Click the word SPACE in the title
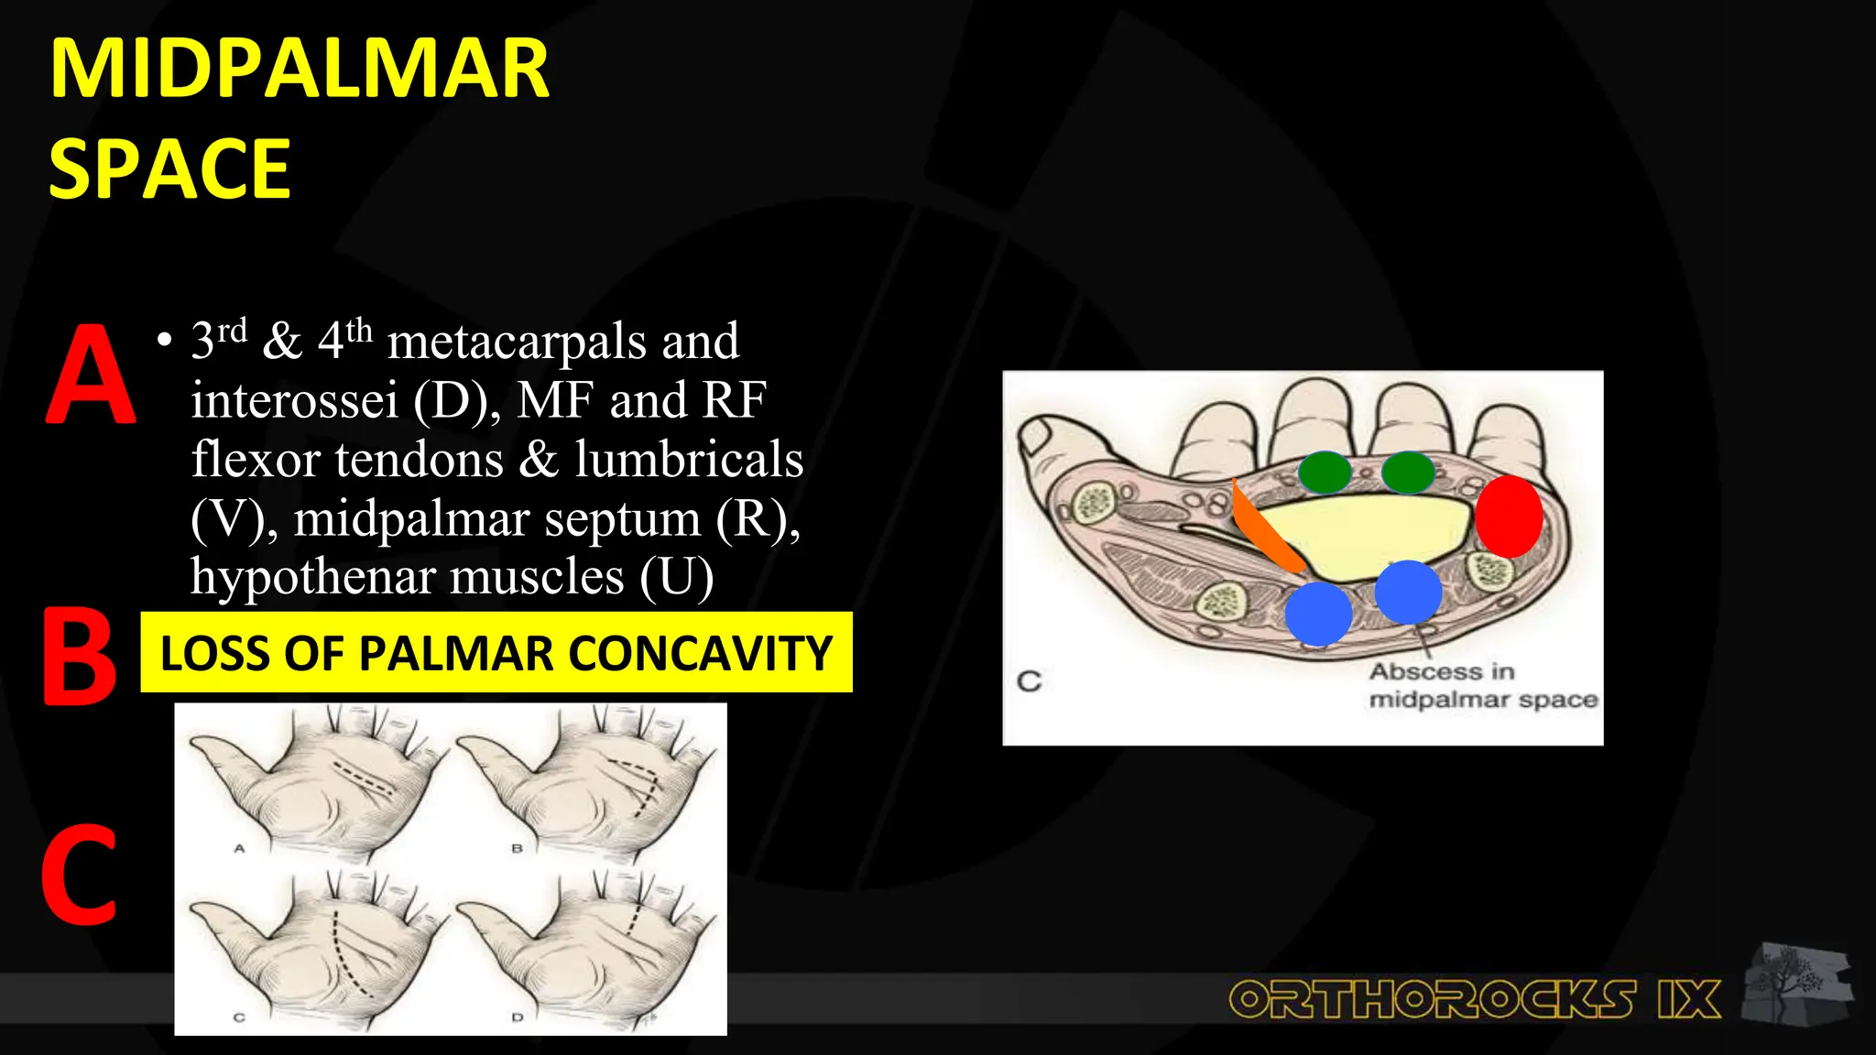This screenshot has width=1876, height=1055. (x=169, y=169)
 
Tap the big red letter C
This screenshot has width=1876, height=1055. (x=79, y=875)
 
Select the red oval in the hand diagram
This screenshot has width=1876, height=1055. (x=1508, y=517)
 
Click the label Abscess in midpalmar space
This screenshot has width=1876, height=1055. (x=1482, y=685)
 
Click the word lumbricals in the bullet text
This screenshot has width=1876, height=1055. (x=689, y=459)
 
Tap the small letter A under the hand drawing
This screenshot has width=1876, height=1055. (x=239, y=849)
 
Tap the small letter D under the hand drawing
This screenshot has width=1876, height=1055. (x=517, y=1017)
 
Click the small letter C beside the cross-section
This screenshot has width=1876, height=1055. (x=1030, y=681)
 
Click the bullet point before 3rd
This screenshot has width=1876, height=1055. (x=164, y=342)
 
